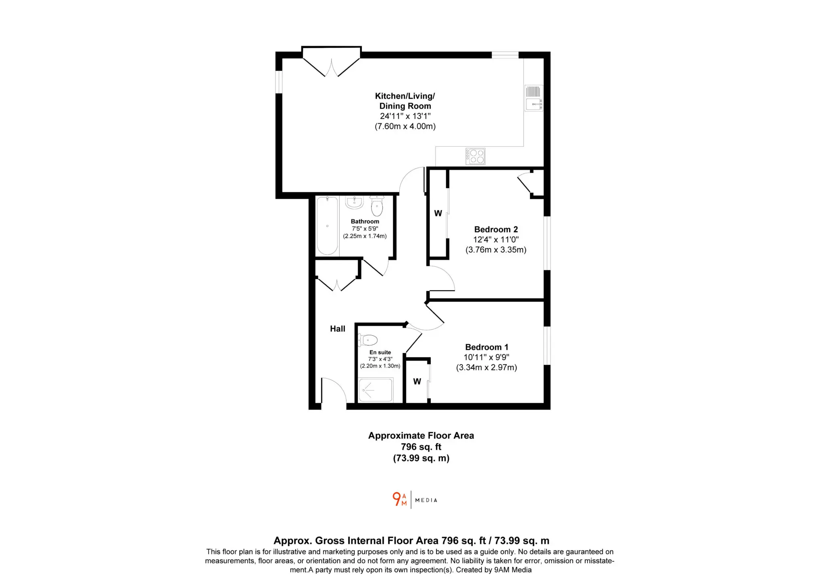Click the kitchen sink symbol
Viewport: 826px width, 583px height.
click(x=534, y=98)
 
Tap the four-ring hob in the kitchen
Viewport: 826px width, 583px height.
click(x=476, y=156)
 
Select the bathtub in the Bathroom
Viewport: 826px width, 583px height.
click(x=327, y=226)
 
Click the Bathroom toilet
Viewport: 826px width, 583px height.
click(x=377, y=206)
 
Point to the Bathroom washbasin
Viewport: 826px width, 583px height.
click(x=355, y=202)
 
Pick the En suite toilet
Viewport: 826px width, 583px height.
click(x=368, y=340)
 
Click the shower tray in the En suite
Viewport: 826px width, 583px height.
click(x=376, y=390)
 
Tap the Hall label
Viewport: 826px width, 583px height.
click(x=338, y=329)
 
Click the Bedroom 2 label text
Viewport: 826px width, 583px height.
click(x=496, y=229)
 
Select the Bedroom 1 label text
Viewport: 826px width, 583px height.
click(x=486, y=347)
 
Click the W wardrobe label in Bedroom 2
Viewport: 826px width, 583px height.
click(x=438, y=213)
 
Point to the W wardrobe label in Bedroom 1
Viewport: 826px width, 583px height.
click(x=417, y=381)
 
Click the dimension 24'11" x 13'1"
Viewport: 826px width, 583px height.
click(x=405, y=116)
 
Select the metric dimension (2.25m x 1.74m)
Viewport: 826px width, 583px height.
click(x=365, y=236)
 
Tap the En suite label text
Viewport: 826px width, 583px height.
click(x=380, y=352)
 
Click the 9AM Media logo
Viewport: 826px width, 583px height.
click(x=415, y=500)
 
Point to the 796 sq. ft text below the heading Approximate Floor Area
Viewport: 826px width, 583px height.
click(x=421, y=447)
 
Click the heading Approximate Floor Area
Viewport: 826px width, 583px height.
click(x=421, y=436)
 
